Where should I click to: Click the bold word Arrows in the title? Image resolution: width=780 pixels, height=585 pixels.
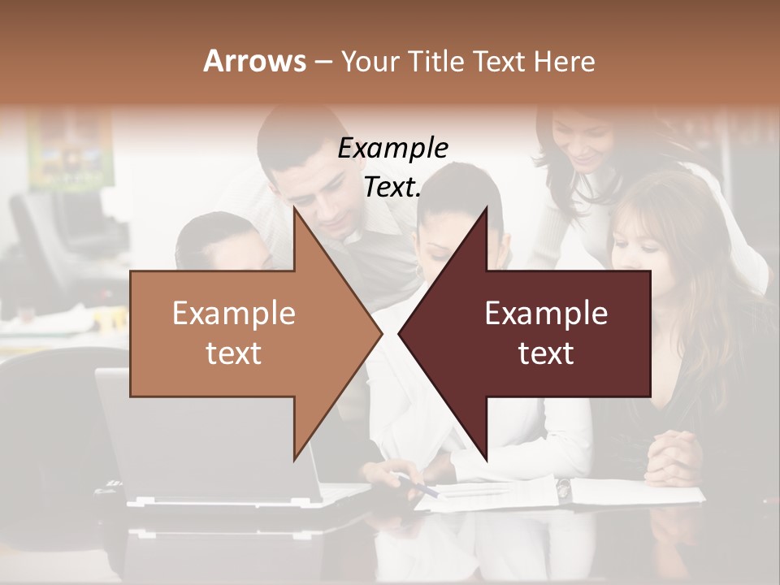[x=254, y=61]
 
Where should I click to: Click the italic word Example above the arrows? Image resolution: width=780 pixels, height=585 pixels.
[x=392, y=148]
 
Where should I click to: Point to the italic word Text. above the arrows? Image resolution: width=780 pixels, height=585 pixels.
[x=392, y=187]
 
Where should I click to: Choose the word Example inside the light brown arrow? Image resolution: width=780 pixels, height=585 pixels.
[x=234, y=313]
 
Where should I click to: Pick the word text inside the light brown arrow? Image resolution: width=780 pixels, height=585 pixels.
[x=234, y=353]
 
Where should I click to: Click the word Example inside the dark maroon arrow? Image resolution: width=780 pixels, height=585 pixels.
[x=546, y=313]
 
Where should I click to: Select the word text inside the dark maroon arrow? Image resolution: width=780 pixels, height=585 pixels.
[x=546, y=353]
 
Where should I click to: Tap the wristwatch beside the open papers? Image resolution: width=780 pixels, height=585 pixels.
[x=563, y=487]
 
